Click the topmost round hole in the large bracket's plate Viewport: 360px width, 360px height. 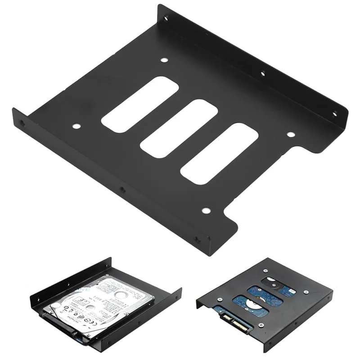[x=164, y=60]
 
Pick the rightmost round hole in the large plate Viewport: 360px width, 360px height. [x=290, y=134]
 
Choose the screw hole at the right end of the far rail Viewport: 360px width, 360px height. [x=334, y=114]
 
